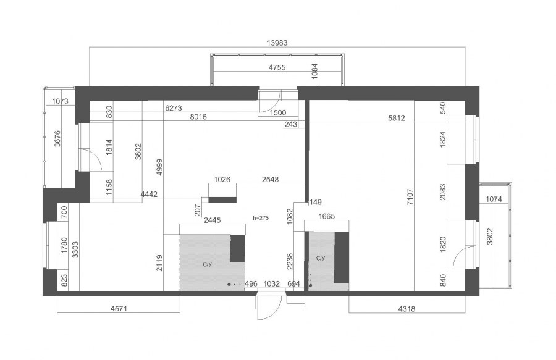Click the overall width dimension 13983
point(277,43)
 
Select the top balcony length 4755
point(277,67)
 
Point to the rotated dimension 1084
point(314,71)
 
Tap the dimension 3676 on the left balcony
point(57,138)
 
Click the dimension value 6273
point(174,108)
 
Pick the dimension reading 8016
point(198,117)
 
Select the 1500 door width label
point(278,112)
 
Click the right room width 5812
point(397,118)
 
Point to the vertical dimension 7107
point(410,198)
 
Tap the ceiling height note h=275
point(261,218)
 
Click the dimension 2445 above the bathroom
point(213,220)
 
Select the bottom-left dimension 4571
point(119,309)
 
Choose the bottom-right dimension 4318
point(406,309)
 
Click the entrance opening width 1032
point(272,284)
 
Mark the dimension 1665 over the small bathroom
point(327,216)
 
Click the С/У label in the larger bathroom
point(208,264)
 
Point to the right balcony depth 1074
point(494,199)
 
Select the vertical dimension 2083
point(443,191)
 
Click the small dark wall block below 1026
point(222,200)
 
